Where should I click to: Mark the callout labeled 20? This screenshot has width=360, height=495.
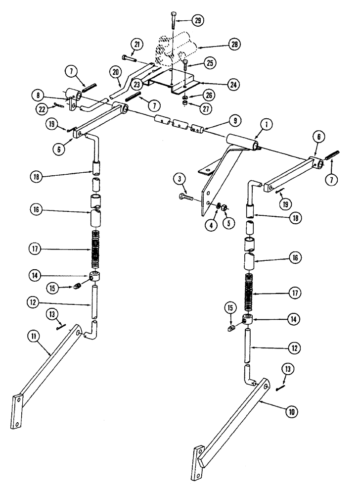[115, 72]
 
